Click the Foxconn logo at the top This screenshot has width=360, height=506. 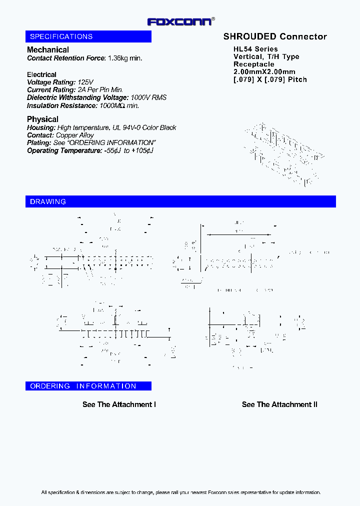coord(180,21)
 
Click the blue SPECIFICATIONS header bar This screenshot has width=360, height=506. coord(88,36)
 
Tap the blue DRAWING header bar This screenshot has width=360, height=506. coord(180,201)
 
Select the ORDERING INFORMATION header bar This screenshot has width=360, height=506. coord(88,386)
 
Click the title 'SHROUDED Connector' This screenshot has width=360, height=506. coord(275,36)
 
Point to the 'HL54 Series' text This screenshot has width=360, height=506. coord(255,49)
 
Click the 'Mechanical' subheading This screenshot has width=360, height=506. coord(48,49)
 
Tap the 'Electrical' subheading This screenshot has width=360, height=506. coord(41,74)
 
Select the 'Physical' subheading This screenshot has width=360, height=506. coord(42,119)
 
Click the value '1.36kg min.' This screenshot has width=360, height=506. coord(125,58)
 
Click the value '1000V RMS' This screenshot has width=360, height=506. coord(148,97)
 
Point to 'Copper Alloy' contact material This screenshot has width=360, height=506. coord(74,135)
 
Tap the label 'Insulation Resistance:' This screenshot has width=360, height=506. coord(62,105)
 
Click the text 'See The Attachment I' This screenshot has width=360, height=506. coord(119,404)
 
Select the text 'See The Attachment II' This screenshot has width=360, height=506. coord(279,404)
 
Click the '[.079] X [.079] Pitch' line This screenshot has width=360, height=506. coord(270,79)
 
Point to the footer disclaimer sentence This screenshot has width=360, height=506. coord(180,492)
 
